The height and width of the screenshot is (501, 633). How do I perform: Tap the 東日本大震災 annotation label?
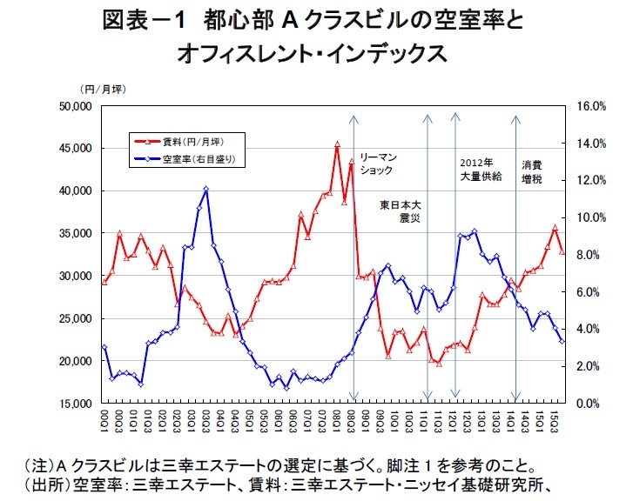click(x=402, y=211)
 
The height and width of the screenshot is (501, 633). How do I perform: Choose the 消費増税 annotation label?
click(x=532, y=170)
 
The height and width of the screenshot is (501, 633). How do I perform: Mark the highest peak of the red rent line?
click(x=337, y=145)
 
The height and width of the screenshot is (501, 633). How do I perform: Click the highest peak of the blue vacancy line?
click(x=205, y=189)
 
